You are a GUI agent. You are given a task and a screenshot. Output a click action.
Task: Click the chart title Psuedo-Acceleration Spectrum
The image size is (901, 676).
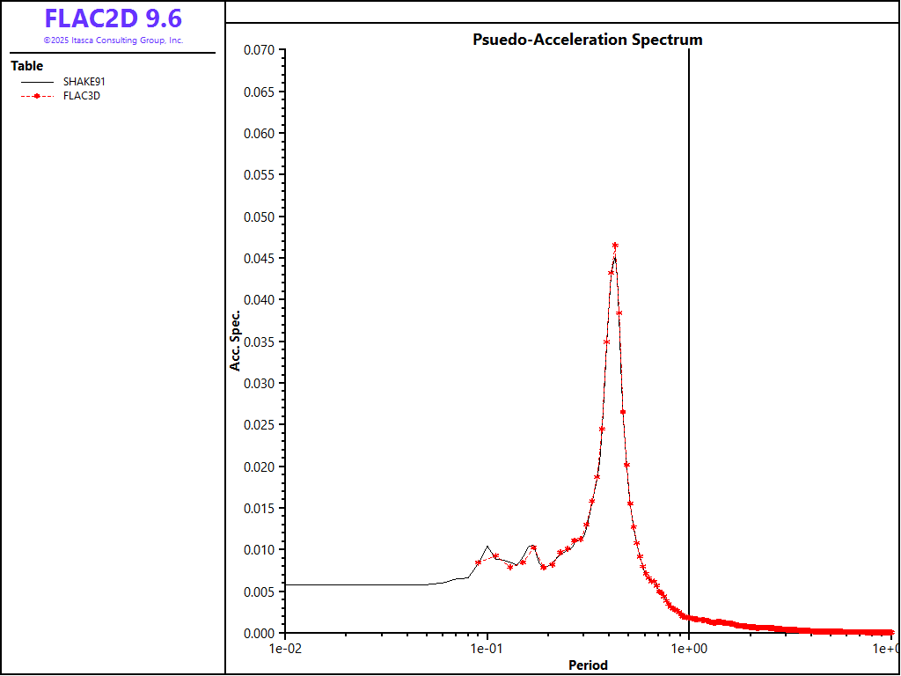point(587,40)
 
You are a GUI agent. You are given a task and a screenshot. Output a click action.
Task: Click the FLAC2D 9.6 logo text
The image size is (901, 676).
point(113,18)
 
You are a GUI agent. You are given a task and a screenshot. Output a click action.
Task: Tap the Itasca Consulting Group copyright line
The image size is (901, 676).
point(113,40)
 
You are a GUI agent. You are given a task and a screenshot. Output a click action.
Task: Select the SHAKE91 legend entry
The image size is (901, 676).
point(84,82)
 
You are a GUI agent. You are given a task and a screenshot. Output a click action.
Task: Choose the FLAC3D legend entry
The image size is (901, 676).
point(81,96)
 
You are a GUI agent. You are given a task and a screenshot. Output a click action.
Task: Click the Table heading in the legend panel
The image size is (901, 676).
point(27,66)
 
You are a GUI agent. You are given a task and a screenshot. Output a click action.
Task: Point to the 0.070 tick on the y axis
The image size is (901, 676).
point(259,51)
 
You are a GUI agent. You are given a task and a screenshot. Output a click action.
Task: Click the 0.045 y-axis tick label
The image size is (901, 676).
point(259,259)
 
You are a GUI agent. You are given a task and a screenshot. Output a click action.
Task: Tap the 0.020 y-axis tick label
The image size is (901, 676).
point(259,467)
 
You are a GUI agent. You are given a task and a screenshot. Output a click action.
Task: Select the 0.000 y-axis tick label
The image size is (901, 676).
point(259,633)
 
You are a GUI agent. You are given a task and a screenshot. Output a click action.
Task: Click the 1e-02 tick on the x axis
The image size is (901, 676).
point(285,649)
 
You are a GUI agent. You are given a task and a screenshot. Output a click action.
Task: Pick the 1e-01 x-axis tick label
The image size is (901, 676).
point(487,649)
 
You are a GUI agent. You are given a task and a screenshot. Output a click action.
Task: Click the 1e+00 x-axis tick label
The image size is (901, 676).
point(689,649)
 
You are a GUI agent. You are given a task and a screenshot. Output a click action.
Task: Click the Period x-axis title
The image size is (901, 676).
point(588,665)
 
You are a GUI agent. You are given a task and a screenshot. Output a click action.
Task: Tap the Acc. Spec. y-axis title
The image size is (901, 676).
point(235,340)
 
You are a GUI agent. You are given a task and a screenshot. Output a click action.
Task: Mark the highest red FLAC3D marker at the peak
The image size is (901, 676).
point(615,246)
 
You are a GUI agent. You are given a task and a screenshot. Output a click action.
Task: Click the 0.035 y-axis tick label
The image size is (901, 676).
point(259,342)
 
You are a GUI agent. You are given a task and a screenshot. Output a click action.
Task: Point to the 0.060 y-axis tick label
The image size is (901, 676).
point(259,134)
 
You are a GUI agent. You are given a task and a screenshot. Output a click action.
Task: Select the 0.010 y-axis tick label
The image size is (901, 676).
point(259,550)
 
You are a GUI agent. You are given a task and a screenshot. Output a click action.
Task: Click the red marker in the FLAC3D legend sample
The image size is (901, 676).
point(37,96)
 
